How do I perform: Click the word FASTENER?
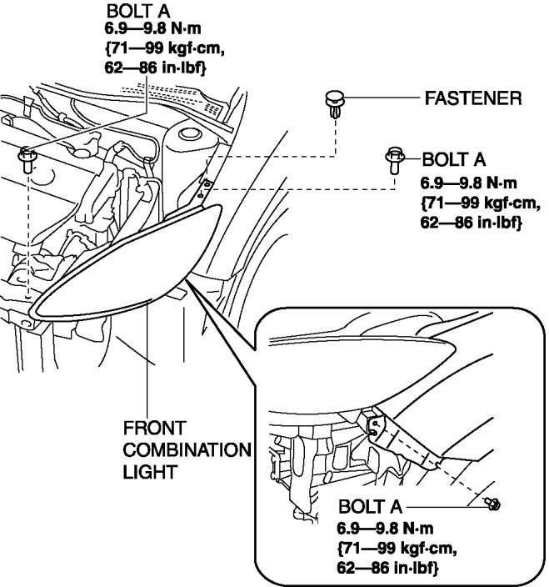click(472, 99)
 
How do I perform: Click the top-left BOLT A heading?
click(137, 12)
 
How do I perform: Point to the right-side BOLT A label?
click(454, 159)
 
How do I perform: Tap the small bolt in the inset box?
click(492, 503)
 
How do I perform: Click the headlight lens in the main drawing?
click(125, 267)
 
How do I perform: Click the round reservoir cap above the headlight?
click(189, 133)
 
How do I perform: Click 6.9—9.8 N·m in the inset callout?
click(386, 528)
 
